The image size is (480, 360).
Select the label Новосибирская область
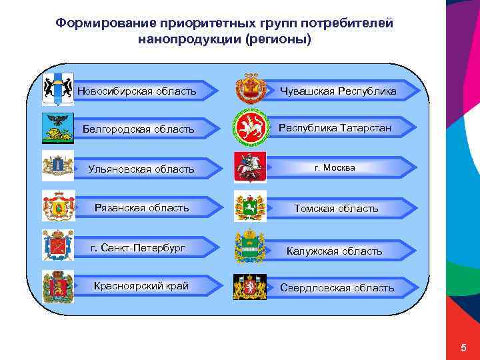(x=137, y=91)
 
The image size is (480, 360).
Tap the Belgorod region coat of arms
(x=57, y=128)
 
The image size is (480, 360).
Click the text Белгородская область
(x=139, y=129)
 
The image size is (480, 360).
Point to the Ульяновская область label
(x=141, y=169)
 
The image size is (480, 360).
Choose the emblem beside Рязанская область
(x=58, y=205)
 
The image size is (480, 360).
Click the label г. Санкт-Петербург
(x=138, y=249)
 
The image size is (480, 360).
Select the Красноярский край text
(x=141, y=286)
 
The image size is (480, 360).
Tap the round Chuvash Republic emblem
(x=250, y=90)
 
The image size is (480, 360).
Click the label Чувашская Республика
(x=338, y=91)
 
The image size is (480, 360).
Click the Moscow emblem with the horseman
(x=250, y=167)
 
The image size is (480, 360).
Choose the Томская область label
(x=336, y=209)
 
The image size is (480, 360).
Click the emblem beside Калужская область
(x=250, y=247)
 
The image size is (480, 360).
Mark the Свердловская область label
(x=337, y=288)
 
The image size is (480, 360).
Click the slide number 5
(x=463, y=349)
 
